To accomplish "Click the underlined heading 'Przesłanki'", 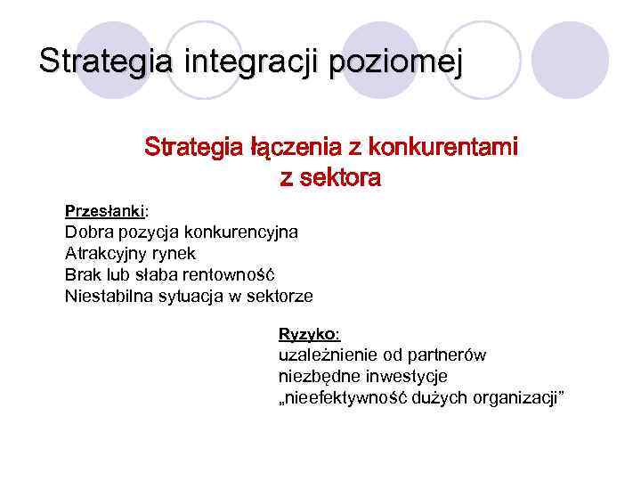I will point(105,212).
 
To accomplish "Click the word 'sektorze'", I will point(281,296).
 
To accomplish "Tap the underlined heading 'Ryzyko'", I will point(307,334).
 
